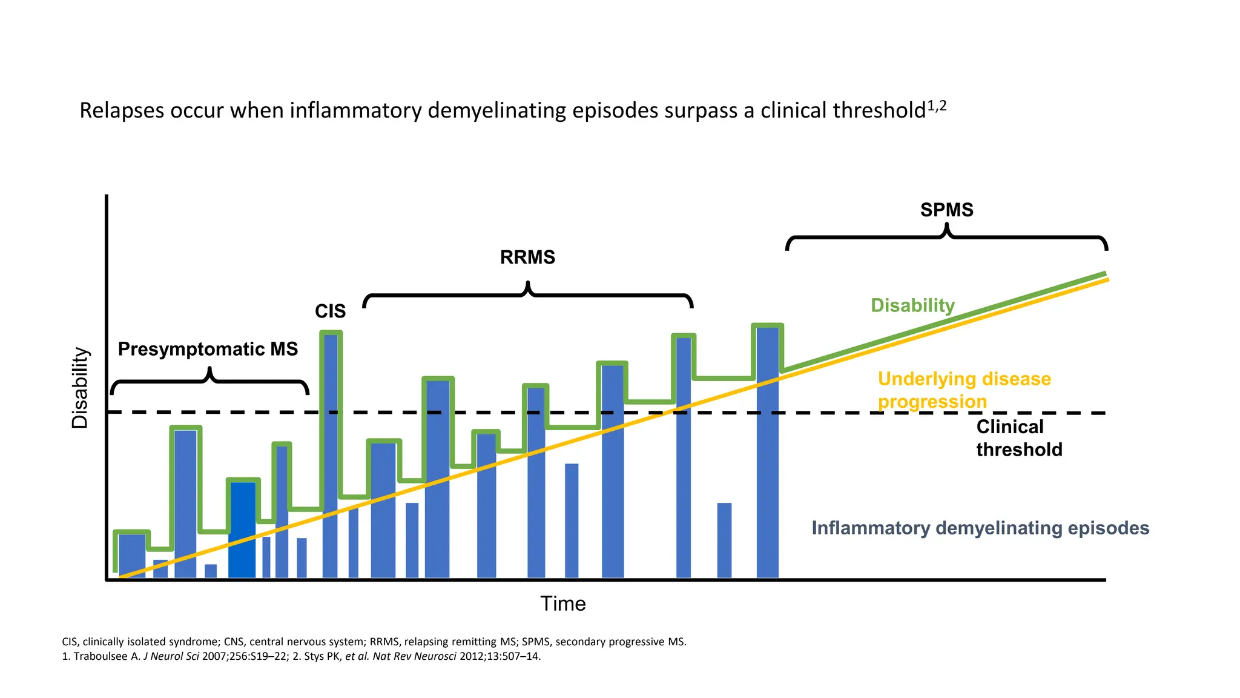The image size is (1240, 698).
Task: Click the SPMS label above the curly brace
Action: click(946, 210)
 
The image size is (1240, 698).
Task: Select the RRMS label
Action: click(527, 257)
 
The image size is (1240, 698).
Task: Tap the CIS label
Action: click(330, 311)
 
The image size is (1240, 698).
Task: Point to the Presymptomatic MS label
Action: click(208, 349)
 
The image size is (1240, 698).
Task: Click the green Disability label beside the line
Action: click(912, 305)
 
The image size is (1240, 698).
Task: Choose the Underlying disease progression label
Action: click(964, 390)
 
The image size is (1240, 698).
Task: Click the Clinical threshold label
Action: click(1018, 438)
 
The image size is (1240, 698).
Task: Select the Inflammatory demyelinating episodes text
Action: click(980, 528)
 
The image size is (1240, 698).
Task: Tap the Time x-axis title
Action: click(562, 603)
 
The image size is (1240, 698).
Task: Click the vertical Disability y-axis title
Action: click(80, 388)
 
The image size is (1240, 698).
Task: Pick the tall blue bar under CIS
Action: click(330, 454)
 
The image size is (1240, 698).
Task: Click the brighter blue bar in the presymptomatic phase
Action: click(242, 530)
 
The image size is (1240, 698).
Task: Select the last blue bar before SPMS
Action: click(767, 454)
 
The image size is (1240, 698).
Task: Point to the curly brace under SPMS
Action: click(946, 237)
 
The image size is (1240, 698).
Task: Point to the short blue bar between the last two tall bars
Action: click(724, 540)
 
